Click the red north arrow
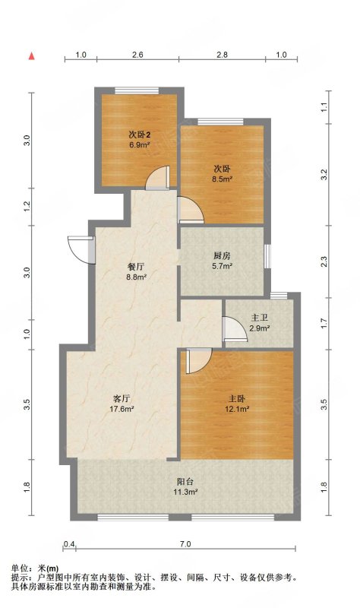[32, 56]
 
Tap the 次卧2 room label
[140, 135]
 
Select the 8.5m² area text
[222, 179]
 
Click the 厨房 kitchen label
[222, 256]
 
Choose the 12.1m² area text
[237, 408]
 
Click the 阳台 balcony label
[185, 482]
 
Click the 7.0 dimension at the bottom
[185, 544]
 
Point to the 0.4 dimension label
[69, 544]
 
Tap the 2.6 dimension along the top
[137, 55]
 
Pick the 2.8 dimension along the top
[222, 55]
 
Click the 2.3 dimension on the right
[325, 261]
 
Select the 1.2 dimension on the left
[27, 206]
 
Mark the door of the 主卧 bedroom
[199, 361]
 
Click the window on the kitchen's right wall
[267, 256]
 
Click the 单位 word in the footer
[18, 568]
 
